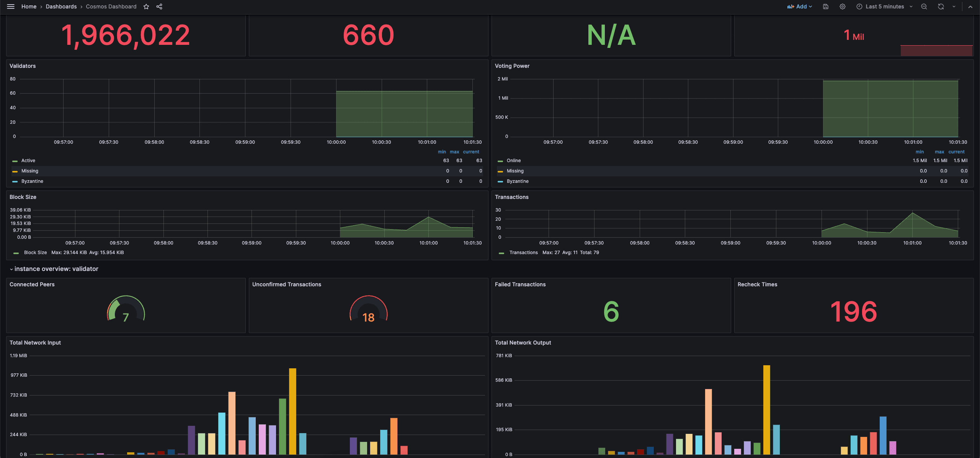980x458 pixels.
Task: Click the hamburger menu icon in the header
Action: pos(11,7)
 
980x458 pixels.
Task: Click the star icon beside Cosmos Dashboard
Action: pos(146,7)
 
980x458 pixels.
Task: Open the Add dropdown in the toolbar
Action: pos(800,7)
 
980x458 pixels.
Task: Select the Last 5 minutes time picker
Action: pos(884,7)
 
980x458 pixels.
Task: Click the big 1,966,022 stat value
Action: pos(126,35)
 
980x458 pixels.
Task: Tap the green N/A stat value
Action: pos(611,35)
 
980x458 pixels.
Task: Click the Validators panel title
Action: pos(23,66)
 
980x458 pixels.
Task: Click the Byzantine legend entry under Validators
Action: pos(32,181)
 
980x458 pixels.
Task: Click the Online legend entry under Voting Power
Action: pos(513,161)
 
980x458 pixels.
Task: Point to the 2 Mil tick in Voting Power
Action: pos(503,79)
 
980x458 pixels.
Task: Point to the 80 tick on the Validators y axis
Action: pos(13,79)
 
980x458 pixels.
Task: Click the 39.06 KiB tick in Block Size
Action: pos(20,210)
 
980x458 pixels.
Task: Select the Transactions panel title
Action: pos(511,197)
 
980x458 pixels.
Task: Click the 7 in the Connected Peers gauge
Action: pos(126,317)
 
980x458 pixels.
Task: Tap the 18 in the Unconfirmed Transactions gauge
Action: pos(368,317)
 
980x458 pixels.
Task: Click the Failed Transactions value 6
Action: pos(611,311)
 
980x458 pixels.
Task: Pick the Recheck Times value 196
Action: pos(854,311)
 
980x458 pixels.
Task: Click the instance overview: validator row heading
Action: pos(56,269)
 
